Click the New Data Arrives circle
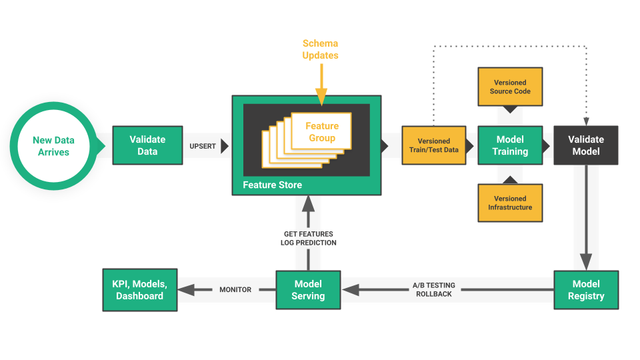[53, 146]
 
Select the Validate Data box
[147, 145]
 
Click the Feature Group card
[322, 131]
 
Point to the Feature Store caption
[272, 185]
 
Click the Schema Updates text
[320, 49]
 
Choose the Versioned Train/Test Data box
[433, 145]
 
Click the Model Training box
[510, 145]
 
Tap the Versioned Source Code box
[510, 87]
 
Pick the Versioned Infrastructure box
[510, 203]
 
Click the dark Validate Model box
[585, 145]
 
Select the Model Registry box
[586, 290]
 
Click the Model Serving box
[308, 290]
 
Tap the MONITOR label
[235, 290]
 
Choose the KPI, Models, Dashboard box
[140, 290]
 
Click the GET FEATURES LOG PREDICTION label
[308, 238]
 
